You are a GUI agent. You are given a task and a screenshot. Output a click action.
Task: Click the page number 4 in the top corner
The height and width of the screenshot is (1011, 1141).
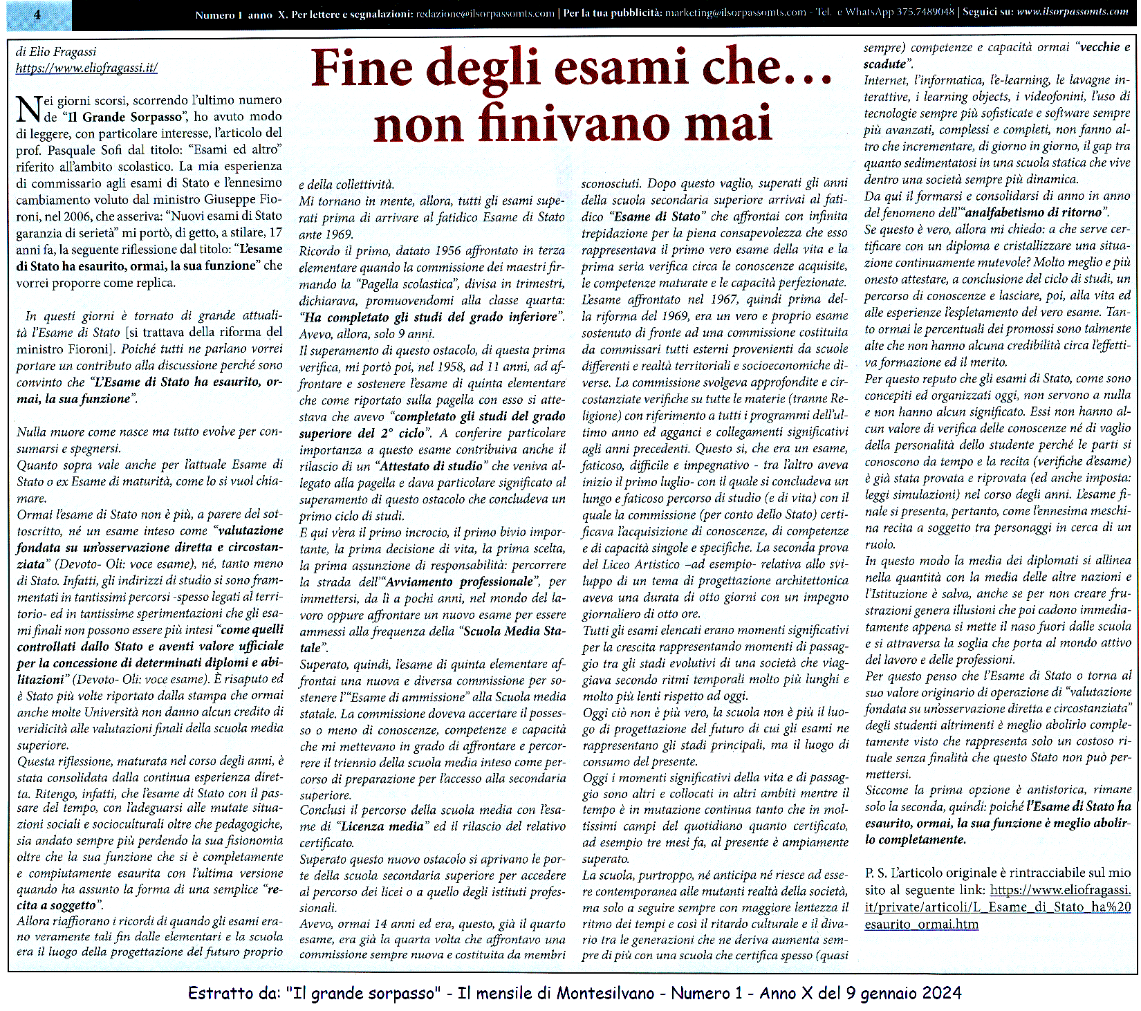(37, 15)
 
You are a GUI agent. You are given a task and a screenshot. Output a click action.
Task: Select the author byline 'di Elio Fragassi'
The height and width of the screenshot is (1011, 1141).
(56, 52)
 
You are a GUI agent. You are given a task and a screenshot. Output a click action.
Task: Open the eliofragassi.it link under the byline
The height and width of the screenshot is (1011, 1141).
(86, 68)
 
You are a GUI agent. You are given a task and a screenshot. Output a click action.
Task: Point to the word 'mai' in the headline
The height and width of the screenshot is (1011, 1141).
(734, 124)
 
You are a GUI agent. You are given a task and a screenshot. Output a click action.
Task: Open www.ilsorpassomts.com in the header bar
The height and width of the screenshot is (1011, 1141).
(1073, 12)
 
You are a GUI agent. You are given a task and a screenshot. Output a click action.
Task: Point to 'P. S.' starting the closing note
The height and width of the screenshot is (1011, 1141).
(876, 873)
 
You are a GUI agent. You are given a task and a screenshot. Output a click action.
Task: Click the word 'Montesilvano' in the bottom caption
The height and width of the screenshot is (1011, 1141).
(605, 994)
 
